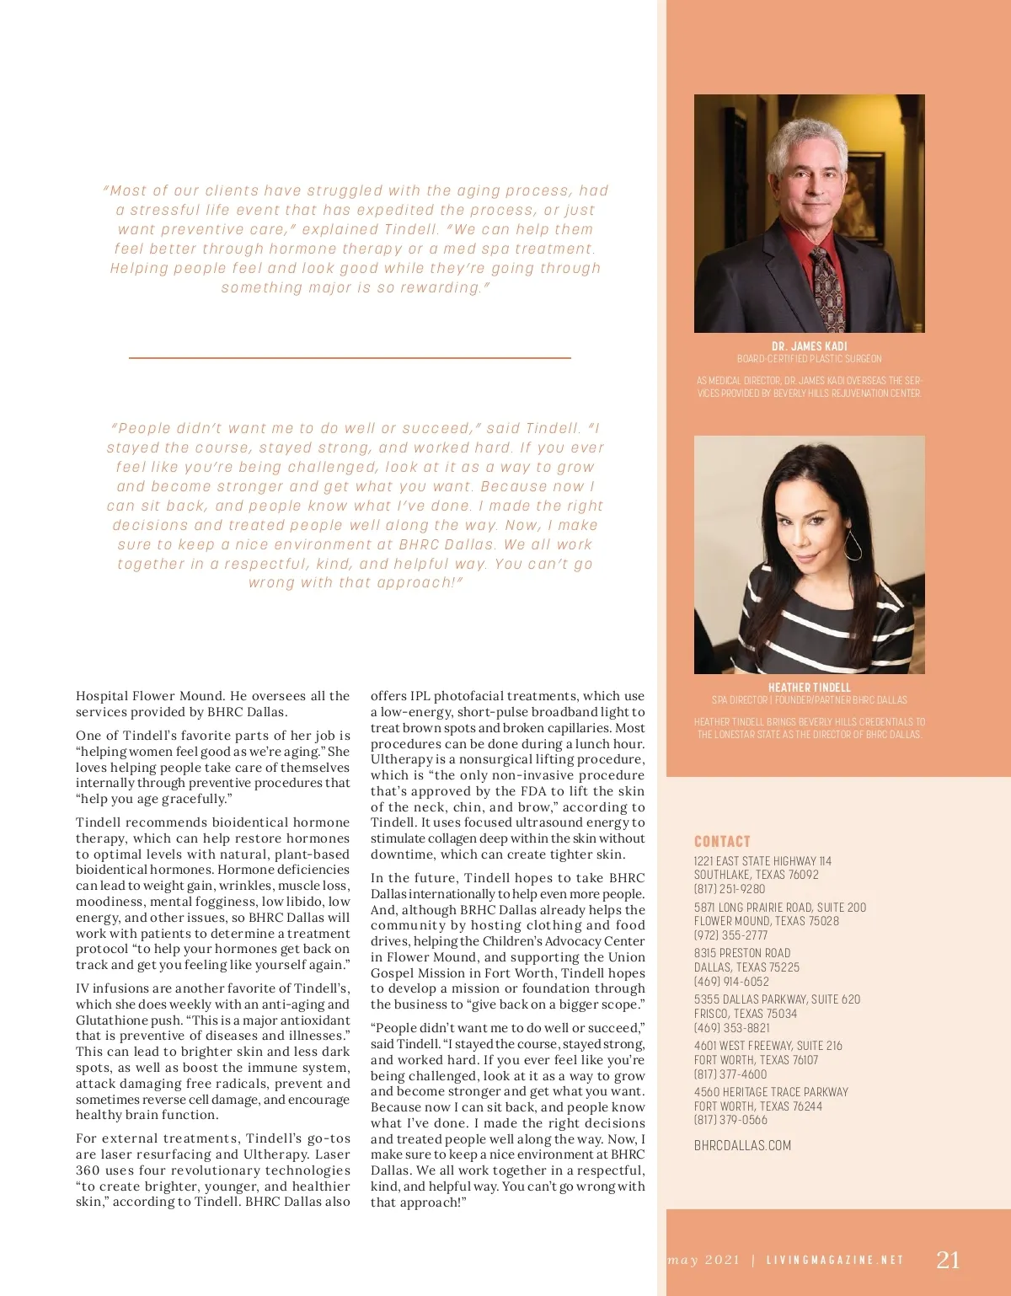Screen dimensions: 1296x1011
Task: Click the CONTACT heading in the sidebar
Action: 722,841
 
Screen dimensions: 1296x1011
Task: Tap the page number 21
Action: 948,1259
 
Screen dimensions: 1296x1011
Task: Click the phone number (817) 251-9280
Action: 730,888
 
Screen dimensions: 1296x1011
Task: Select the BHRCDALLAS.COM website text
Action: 742,1145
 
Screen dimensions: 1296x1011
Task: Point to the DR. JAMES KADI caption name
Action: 809,346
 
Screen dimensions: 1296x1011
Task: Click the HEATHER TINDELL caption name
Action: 809,688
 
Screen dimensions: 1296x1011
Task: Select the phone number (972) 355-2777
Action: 730,935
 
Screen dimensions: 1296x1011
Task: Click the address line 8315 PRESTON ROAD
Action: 742,953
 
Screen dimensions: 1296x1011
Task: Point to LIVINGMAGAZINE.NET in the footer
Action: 835,1260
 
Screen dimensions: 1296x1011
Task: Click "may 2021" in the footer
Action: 703,1260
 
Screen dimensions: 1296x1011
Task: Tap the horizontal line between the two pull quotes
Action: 350,358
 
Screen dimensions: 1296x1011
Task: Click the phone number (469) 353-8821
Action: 731,1027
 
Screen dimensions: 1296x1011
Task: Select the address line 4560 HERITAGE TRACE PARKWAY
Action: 771,1092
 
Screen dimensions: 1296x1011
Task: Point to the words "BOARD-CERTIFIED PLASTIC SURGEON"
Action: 809,359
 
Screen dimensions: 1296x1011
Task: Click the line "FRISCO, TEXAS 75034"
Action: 745,1014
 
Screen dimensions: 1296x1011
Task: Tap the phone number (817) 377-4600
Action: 730,1074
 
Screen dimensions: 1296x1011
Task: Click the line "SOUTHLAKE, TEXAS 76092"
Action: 756,875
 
